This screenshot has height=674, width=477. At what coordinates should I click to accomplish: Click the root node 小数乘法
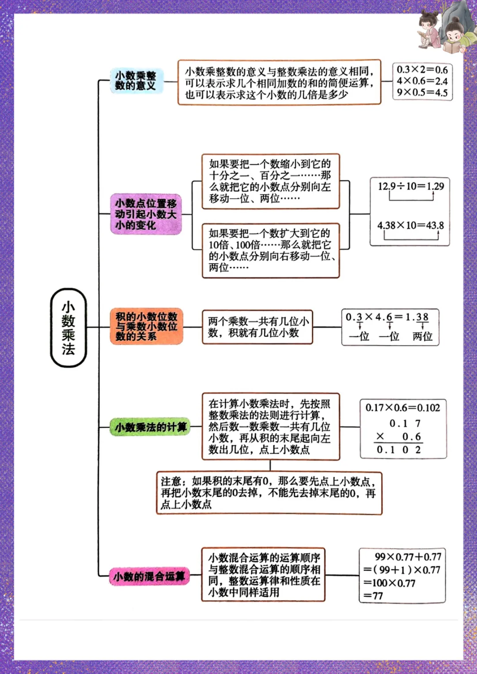[x=68, y=328]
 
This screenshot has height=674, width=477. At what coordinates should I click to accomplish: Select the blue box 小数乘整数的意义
[x=136, y=81]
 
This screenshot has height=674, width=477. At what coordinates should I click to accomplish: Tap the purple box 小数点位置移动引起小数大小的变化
[x=146, y=214]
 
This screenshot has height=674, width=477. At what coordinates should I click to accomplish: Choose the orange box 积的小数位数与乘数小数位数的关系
[x=146, y=327]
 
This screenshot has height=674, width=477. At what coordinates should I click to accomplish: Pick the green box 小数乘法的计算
[x=150, y=427]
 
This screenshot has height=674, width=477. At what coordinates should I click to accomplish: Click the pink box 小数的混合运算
[x=149, y=576]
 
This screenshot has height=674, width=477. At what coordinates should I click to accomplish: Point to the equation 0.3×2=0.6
[x=422, y=70]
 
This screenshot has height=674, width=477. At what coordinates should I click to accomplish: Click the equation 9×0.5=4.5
[x=422, y=93]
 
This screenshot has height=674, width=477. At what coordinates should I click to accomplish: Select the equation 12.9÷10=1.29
[x=410, y=186]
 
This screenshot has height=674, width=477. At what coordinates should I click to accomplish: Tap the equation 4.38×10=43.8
[x=410, y=225]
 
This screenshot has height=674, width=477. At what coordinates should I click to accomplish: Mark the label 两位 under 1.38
[x=422, y=337]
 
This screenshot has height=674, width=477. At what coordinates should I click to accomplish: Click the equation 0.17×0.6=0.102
[x=402, y=408]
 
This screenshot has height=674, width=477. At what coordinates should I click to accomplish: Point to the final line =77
[x=373, y=596]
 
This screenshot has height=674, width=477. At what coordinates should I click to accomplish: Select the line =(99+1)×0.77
[x=401, y=570]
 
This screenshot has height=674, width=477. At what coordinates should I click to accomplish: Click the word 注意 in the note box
[x=171, y=482]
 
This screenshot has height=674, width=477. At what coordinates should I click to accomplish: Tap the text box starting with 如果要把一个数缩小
[x=270, y=181]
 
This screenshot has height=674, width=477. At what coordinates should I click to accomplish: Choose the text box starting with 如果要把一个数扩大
[x=270, y=250]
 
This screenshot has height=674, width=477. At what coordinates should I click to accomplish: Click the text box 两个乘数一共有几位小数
[x=257, y=327]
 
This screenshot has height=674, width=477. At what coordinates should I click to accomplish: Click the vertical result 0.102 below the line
[x=399, y=450]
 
